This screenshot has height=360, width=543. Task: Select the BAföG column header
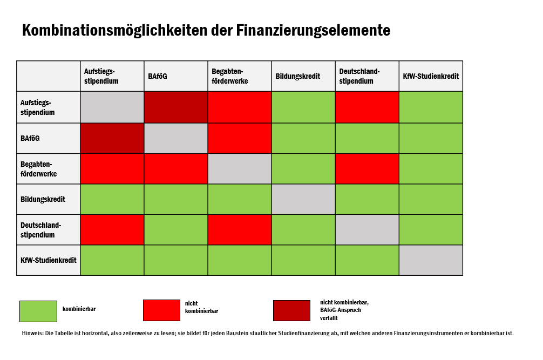[158, 76]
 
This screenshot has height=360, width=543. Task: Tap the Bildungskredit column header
[297, 76]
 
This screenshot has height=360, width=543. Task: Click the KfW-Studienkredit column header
[431, 76]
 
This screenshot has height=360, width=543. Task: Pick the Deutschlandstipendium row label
[40, 230]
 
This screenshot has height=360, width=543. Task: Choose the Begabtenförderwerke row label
[38, 169]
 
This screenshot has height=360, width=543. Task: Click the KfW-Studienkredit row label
[48, 260]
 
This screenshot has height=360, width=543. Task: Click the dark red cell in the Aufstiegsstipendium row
[176, 107]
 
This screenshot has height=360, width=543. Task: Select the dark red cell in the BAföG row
[112, 138]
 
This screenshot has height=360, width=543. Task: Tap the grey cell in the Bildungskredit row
[303, 199]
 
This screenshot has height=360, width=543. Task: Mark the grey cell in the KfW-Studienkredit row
[431, 260]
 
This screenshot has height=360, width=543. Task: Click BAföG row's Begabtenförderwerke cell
[240, 138]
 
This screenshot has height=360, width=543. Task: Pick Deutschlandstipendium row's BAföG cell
[176, 230]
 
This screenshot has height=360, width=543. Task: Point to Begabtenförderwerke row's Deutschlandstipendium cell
[367, 169]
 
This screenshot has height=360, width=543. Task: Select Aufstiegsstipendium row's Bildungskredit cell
[303, 107]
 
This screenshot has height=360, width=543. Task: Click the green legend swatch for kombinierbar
[38, 311]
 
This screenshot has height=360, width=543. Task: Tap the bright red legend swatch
[161, 310]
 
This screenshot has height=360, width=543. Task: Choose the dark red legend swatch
[291, 310]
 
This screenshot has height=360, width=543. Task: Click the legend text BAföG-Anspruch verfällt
[340, 314]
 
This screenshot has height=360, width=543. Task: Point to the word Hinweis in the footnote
[32, 333]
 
